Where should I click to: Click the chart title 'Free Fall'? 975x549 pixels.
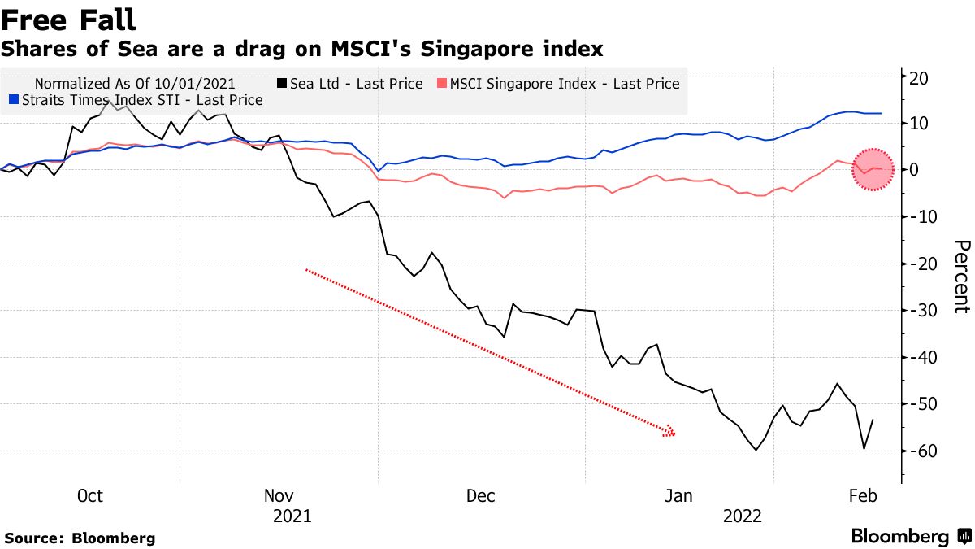tap(68, 20)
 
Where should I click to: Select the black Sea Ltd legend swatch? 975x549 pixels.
tap(282, 84)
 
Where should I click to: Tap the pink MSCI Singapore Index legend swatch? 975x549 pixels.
tap(442, 84)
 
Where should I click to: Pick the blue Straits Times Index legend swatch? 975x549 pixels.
tap(13, 100)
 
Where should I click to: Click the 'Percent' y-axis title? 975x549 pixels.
tap(960, 277)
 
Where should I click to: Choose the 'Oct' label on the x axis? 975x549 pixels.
tap(89, 496)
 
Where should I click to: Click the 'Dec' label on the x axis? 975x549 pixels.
tap(482, 496)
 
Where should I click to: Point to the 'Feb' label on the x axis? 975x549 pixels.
tap(862, 496)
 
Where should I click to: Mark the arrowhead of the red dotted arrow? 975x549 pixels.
tap(670, 432)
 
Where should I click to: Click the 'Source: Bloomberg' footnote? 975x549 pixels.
tap(80, 538)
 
